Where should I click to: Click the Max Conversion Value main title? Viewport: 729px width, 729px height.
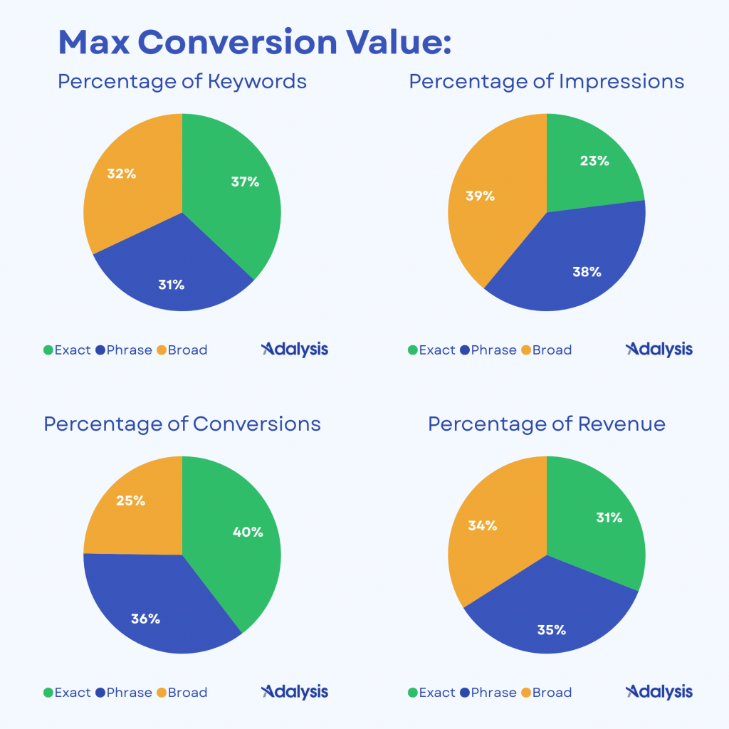click(x=254, y=43)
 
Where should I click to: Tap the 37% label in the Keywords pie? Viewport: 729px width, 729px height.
click(x=245, y=182)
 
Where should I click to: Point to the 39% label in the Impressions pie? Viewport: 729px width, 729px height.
click(x=480, y=196)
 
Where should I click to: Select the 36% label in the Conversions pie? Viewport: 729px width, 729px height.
click(x=145, y=619)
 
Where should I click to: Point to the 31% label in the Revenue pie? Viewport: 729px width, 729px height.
click(x=609, y=518)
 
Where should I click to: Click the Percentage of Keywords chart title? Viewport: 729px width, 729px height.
click(x=182, y=81)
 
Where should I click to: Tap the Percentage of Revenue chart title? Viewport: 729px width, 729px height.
click(x=547, y=424)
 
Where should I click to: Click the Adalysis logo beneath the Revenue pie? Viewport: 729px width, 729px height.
click(x=659, y=692)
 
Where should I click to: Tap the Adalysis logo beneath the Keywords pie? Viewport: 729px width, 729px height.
click(x=295, y=349)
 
